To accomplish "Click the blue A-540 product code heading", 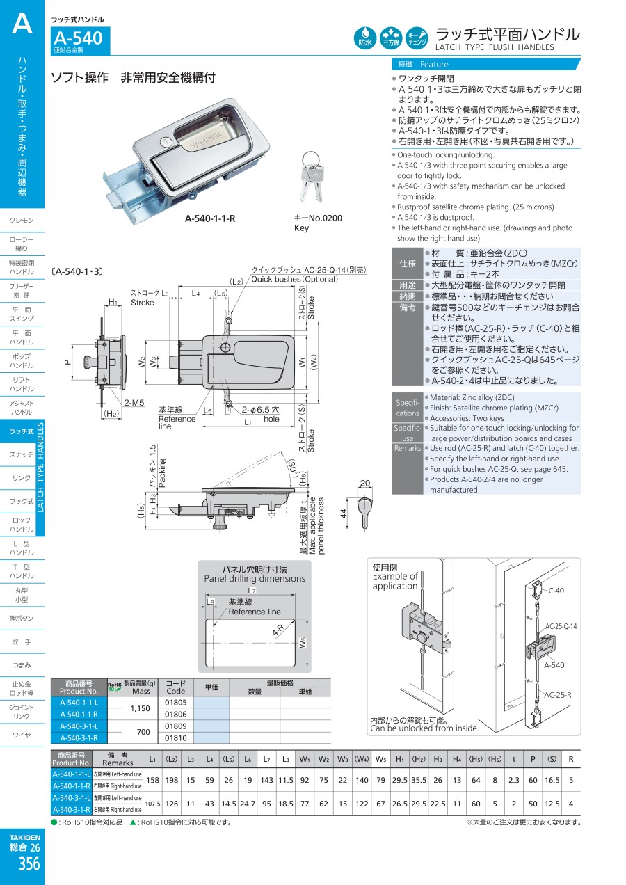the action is coord(78,38).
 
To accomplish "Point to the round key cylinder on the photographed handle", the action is coord(165,141).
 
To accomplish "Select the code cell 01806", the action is coord(176,715).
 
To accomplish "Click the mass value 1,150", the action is coord(141,708).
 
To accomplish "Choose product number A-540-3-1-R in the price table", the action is coord(79,738).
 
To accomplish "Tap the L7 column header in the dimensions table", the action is coord(266,759).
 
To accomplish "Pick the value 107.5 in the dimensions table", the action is coord(153,804).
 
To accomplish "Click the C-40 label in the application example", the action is coord(556,591).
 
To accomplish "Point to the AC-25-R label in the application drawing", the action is coord(558,695).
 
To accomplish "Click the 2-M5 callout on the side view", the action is coord(134,403).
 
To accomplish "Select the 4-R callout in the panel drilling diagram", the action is coord(278,630).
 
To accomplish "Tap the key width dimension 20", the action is coord(365,483).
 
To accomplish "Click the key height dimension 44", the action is coord(344,513).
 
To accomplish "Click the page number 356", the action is coord(29,863).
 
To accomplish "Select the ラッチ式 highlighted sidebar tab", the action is coord(22,431).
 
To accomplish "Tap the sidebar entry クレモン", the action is coord(22,220).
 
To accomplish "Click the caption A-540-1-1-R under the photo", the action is coord(210,218).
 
